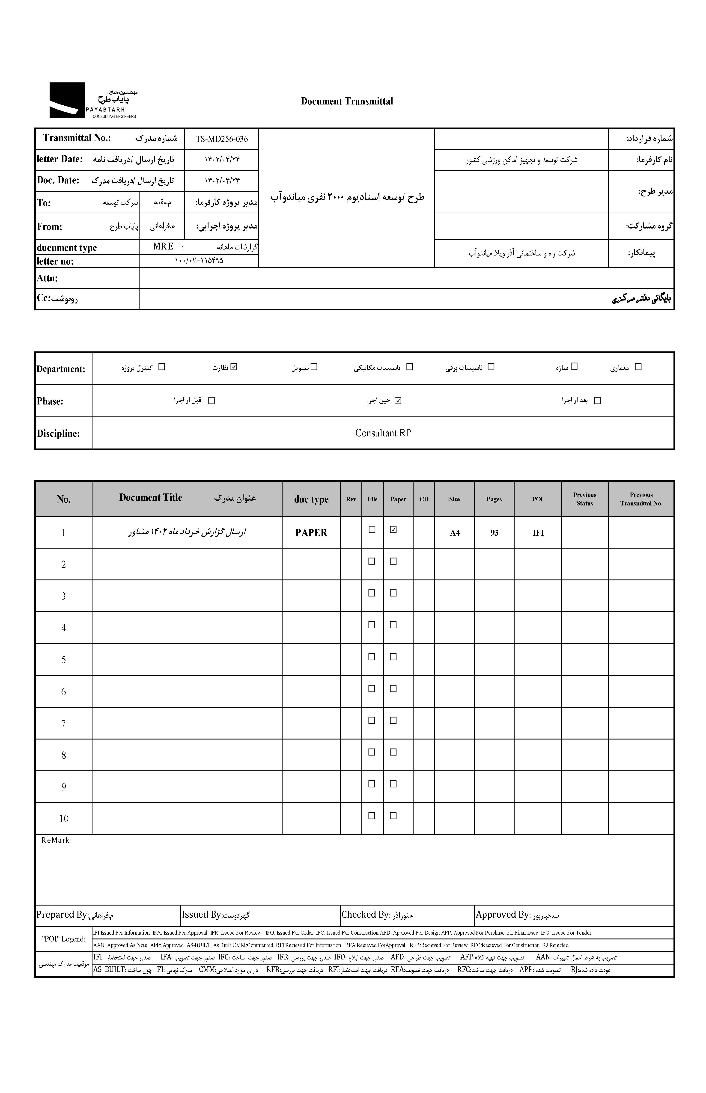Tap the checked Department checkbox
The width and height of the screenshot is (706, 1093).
click(234, 367)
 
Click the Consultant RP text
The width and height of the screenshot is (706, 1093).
click(383, 433)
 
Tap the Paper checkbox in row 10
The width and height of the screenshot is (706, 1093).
click(393, 816)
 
